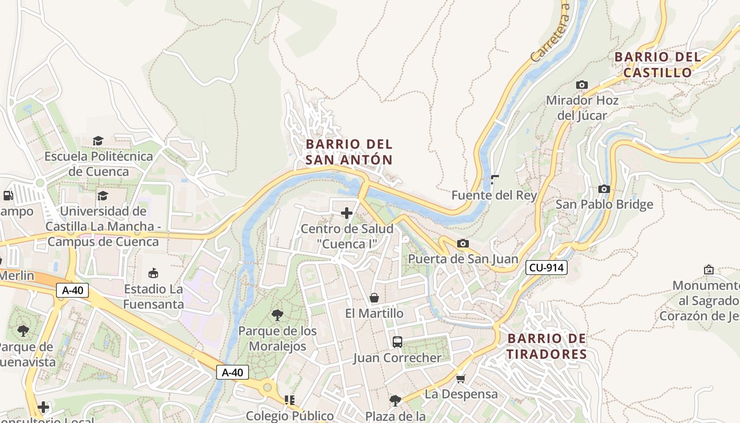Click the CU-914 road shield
click(547, 268)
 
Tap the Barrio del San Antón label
click(349, 152)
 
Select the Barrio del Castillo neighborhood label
click(658, 65)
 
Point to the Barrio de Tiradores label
click(547, 346)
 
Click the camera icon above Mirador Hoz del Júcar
click(581, 85)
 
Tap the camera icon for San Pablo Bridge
click(604, 189)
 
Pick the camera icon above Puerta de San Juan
click(463, 243)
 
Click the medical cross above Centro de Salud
click(347, 213)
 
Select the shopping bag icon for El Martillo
click(374, 298)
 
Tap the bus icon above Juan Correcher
click(397, 342)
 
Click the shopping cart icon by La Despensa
click(461, 379)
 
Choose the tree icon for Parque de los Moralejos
click(277, 316)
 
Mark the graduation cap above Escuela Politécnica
click(98, 141)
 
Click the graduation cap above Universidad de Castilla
click(103, 196)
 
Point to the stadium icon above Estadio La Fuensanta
click(153, 273)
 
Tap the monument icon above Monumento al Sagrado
click(709, 270)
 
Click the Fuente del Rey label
click(494, 195)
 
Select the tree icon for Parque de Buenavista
click(23, 331)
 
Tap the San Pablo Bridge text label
click(604, 204)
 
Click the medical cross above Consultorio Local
click(43, 407)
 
